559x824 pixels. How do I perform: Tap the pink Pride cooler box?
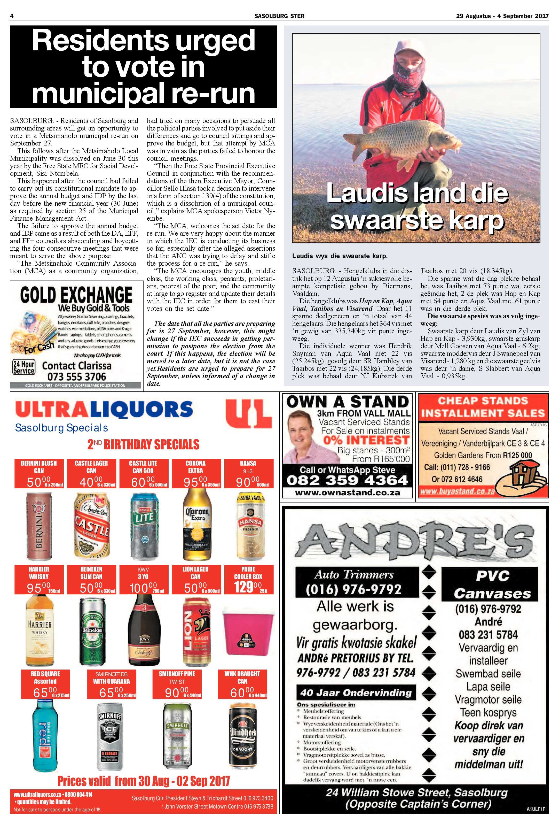pos(248,628)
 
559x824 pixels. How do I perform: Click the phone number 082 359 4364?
pos(348,480)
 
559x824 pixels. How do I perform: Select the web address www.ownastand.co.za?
pos(348,492)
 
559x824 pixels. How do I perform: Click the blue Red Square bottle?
pos(45,734)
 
